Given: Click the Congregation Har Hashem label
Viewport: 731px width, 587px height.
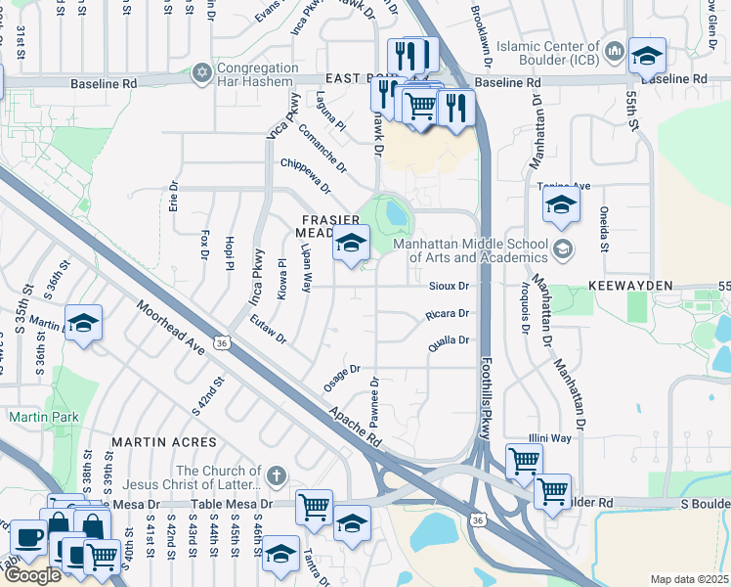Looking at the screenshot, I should click(x=258, y=74).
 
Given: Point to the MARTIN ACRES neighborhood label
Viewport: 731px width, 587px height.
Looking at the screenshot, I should click(x=155, y=442).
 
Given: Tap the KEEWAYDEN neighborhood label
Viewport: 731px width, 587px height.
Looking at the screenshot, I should click(x=631, y=285).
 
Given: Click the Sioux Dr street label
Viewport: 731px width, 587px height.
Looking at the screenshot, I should click(x=450, y=287).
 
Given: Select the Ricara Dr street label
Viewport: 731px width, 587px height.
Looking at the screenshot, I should click(x=449, y=314).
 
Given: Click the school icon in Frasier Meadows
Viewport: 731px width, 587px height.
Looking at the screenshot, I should click(x=351, y=244).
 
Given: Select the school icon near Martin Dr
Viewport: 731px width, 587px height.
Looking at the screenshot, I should click(x=84, y=323).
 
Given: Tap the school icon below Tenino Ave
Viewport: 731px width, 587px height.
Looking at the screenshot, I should click(x=561, y=204).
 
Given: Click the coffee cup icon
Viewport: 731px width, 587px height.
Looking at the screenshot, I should click(x=27, y=538).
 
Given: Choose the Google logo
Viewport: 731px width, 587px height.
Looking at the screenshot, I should click(x=32, y=575).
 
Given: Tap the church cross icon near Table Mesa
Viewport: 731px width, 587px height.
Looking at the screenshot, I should click(x=277, y=475).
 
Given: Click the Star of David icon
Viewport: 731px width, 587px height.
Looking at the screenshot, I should click(x=202, y=73).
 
